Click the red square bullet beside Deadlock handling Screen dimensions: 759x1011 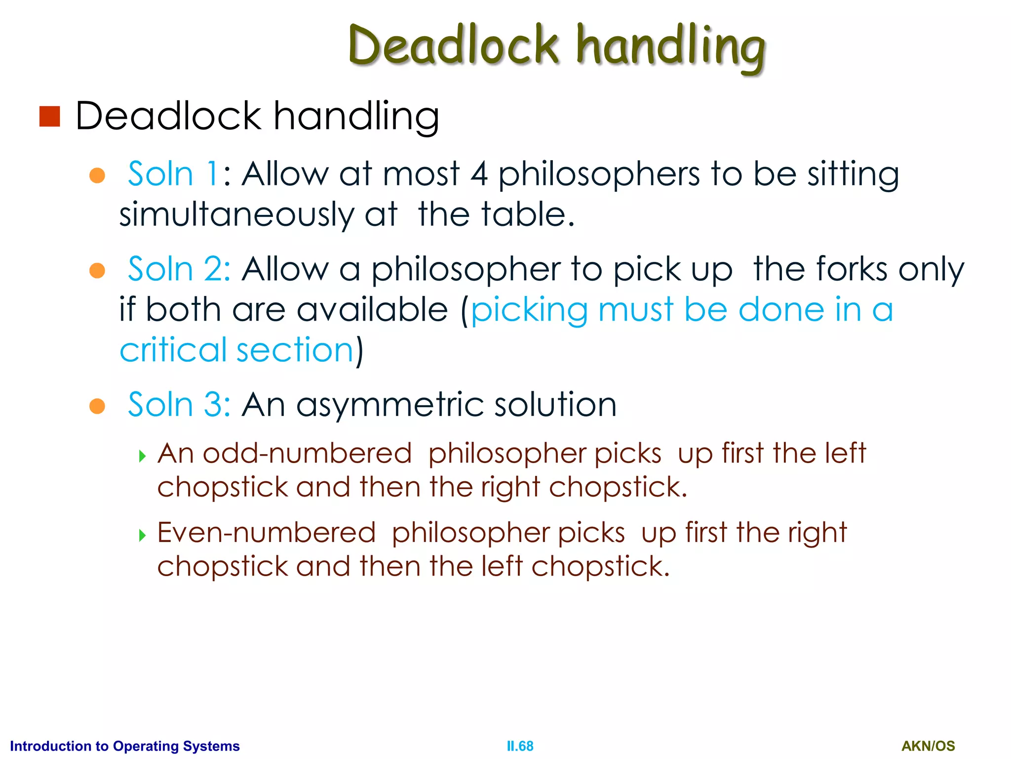tap(49, 117)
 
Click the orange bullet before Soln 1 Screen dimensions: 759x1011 tap(97, 175)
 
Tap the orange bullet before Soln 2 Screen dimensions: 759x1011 tap(97, 270)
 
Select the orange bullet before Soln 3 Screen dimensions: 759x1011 tap(97, 406)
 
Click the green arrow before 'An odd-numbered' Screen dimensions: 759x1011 tap(143, 456)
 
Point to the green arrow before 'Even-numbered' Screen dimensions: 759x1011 tap(143, 535)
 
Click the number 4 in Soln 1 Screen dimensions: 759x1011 tap(479, 174)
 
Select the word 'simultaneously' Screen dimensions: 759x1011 tap(236, 215)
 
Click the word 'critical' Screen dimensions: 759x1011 tap(173, 350)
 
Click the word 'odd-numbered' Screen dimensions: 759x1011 tap(307, 454)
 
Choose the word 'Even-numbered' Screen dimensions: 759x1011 tap(267, 533)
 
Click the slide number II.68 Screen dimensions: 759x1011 tap(520, 746)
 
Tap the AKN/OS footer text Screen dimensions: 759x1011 tap(928, 746)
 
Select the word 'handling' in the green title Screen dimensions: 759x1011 tap(671, 47)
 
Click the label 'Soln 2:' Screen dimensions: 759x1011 tap(179, 269)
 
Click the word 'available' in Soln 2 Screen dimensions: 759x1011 tap(372, 310)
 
